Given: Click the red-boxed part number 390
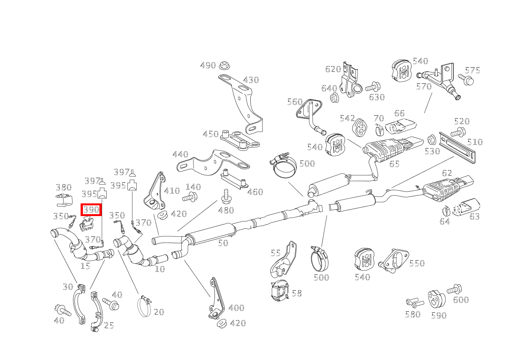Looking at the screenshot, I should pos(91,210).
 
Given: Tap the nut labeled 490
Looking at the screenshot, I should pos(223,66).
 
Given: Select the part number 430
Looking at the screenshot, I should pos(251,80).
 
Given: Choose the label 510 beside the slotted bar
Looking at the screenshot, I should pos(475,142).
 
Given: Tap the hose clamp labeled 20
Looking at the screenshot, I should pos(144,307).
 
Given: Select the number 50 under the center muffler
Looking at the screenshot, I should pos(223,243).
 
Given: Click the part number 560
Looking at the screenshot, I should pos(295,102).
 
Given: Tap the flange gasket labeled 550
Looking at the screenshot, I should pos(393,260).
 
